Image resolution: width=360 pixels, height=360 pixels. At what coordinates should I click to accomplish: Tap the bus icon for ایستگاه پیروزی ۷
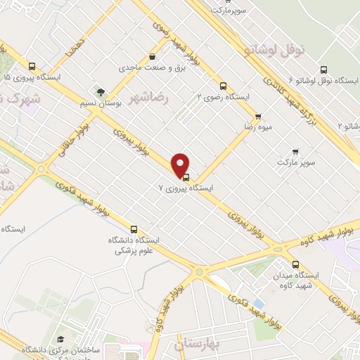pos(186,177)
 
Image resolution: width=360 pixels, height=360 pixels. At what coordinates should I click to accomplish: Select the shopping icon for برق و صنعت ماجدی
pos(153,58)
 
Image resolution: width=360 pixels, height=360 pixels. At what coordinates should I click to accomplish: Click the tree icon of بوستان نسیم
pos(101,91)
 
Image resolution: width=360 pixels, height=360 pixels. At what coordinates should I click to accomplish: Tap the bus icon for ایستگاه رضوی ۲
pos(224,85)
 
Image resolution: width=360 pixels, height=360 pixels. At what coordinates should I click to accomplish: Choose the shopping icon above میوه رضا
pos(258,117)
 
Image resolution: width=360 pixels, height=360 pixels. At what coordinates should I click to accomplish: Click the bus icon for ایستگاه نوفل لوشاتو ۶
pos(323,69)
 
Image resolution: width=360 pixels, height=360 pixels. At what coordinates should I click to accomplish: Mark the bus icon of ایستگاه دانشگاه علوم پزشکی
pos(134,229)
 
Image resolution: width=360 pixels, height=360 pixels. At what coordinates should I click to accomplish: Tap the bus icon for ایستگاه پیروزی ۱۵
pos(32,66)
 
